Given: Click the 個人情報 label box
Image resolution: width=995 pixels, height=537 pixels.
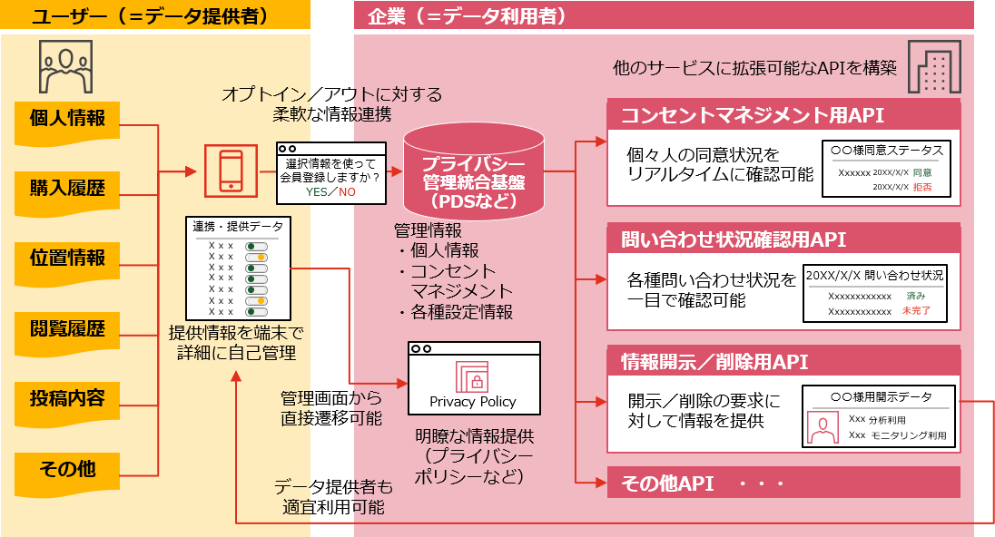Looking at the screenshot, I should pos(67,119).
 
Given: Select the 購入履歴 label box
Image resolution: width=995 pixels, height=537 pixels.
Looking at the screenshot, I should pos(67,189).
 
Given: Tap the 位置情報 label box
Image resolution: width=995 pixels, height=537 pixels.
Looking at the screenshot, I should pos(67,259).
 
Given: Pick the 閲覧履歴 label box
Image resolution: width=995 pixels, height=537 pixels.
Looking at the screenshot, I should pos(67,329).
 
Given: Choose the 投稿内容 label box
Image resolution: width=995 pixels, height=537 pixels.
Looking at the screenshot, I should pos(67,399).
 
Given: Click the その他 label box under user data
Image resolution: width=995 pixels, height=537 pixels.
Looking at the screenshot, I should pos(67,470).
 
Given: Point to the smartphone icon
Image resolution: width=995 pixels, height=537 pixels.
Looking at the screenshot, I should pos(231,170).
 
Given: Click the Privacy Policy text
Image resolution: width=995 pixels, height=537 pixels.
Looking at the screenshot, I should pos(473,402).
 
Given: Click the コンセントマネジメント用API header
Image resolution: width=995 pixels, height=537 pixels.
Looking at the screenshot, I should pos(783,115).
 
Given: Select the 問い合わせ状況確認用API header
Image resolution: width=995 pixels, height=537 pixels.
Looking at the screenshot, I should pos(783,239).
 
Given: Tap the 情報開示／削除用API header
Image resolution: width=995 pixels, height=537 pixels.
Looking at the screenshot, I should pos(783,363).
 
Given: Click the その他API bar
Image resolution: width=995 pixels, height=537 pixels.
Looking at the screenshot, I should pos(783,483).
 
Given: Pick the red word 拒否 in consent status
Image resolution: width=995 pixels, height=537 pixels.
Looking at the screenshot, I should pos(921,187).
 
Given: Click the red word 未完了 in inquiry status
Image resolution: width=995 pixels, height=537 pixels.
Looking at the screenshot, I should pos(916,311).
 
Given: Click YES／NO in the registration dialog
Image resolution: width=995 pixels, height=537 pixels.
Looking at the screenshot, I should pos(330,192).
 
